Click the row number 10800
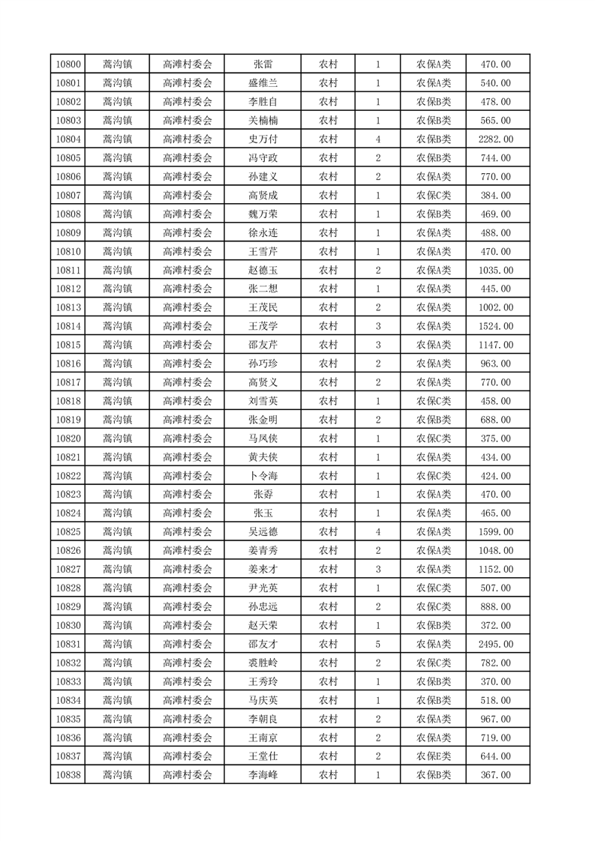[x=68, y=64]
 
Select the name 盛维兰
[x=263, y=83]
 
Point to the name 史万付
[x=263, y=139]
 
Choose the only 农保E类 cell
[x=434, y=757]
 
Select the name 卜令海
[x=263, y=476]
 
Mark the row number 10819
[x=68, y=420]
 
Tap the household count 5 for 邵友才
[x=377, y=645]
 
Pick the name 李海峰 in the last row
[x=263, y=776]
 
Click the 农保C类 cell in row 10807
[x=434, y=196]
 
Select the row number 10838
[x=68, y=776]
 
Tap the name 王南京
[x=263, y=738]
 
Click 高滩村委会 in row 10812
[x=188, y=289]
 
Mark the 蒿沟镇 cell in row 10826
[x=117, y=551]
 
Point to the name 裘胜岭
[x=263, y=663]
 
